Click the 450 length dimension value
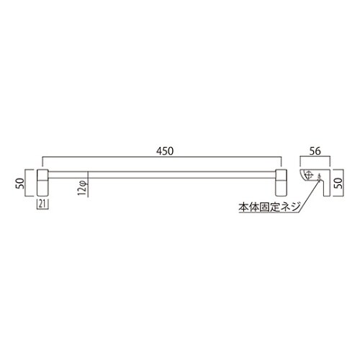click(165, 151)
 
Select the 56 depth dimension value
click(315, 151)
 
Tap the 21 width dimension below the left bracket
click(42, 204)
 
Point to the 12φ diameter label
click(83, 188)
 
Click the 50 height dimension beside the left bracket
click(20, 184)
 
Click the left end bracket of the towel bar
click(42, 183)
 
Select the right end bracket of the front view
click(281, 183)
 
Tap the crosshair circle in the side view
click(310, 174)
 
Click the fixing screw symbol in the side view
click(319, 177)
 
